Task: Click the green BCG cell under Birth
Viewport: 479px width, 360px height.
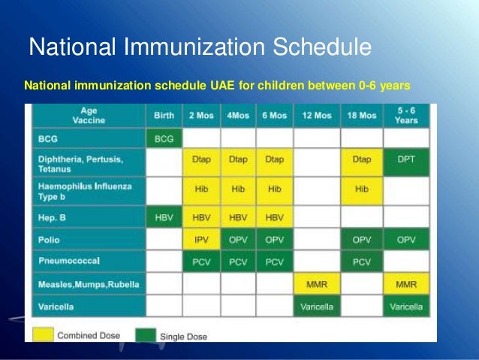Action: (x=164, y=138)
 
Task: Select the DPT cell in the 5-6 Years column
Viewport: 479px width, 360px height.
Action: (x=406, y=162)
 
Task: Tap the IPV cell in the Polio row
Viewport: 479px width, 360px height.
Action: (x=201, y=239)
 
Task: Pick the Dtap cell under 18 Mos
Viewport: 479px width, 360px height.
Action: (x=362, y=162)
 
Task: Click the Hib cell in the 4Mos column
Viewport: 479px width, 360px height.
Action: (x=238, y=191)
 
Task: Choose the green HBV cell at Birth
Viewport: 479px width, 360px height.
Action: (x=164, y=217)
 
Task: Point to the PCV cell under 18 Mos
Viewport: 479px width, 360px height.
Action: (x=362, y=262)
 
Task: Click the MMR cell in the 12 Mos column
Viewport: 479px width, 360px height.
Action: (x=317, y=284)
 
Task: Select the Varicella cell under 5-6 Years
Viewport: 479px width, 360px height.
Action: (x=406, y=306)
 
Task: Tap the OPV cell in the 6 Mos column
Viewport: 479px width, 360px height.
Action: (x=274, y=239)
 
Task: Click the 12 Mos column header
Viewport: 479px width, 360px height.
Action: (x=317, y=115)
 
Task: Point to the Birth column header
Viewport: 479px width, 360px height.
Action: (x=164, y=115)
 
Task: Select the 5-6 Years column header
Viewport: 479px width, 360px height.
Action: (x=406, y=115)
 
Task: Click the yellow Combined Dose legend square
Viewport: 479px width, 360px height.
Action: (x=43, y=334)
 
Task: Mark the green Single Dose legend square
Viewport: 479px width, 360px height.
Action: (x=146, y=335)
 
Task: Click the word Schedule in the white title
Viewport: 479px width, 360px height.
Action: (x=322, y=47)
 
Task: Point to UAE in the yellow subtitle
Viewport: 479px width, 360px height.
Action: (x=222, y=86)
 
